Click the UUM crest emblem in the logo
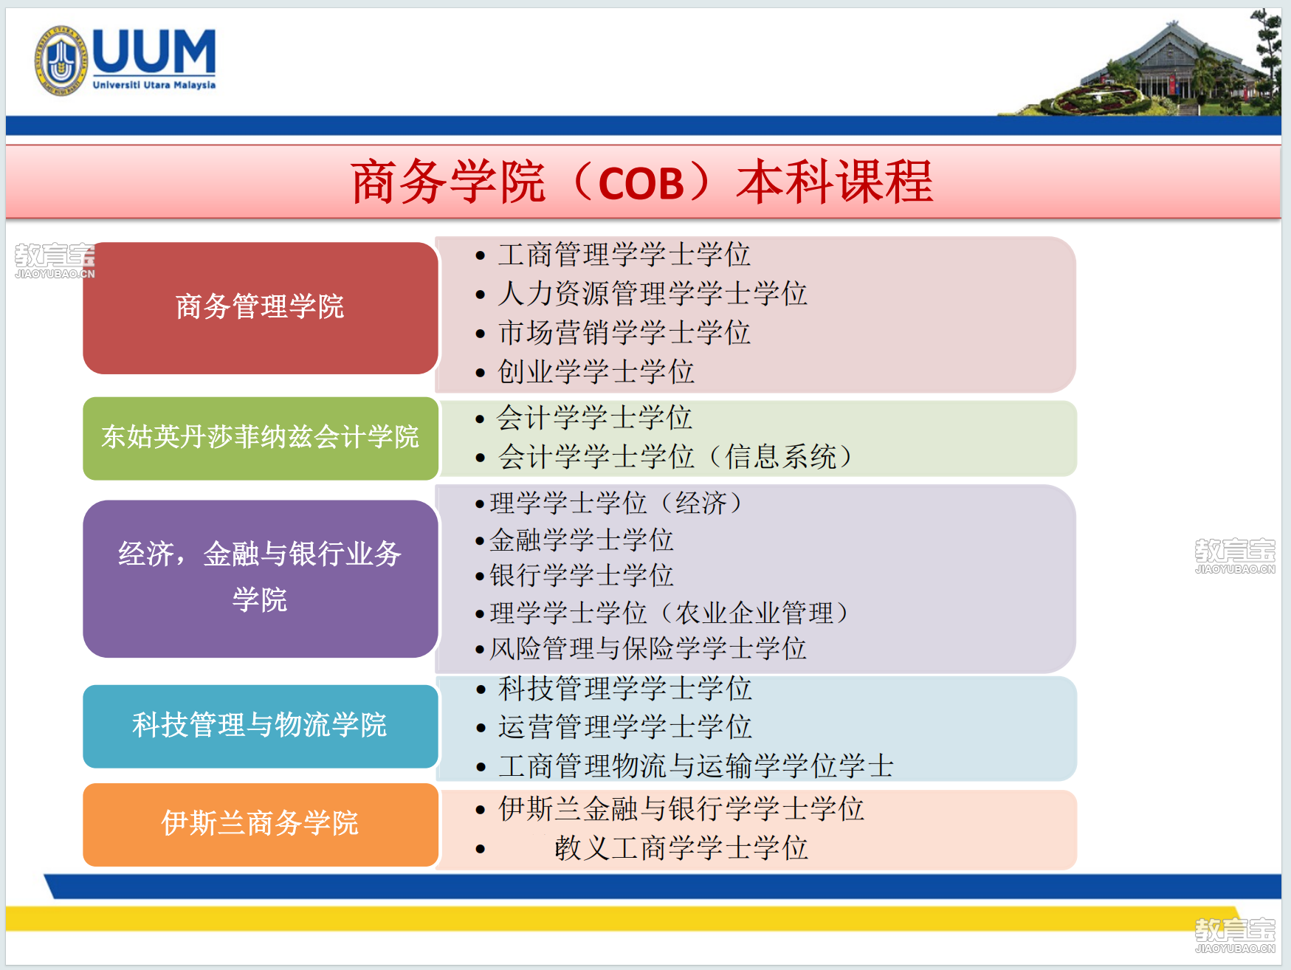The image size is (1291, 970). tap(61, 61)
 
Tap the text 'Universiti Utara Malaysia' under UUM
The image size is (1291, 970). tap(154, 86)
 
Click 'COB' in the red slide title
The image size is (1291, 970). tap(641, 183)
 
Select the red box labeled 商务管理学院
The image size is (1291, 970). tap(261, 308)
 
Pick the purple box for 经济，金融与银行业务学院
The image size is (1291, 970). tap(261, 579)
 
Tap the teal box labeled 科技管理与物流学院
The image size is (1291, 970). tap(261, 726)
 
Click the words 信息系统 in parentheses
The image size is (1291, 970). tap(781, 457)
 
